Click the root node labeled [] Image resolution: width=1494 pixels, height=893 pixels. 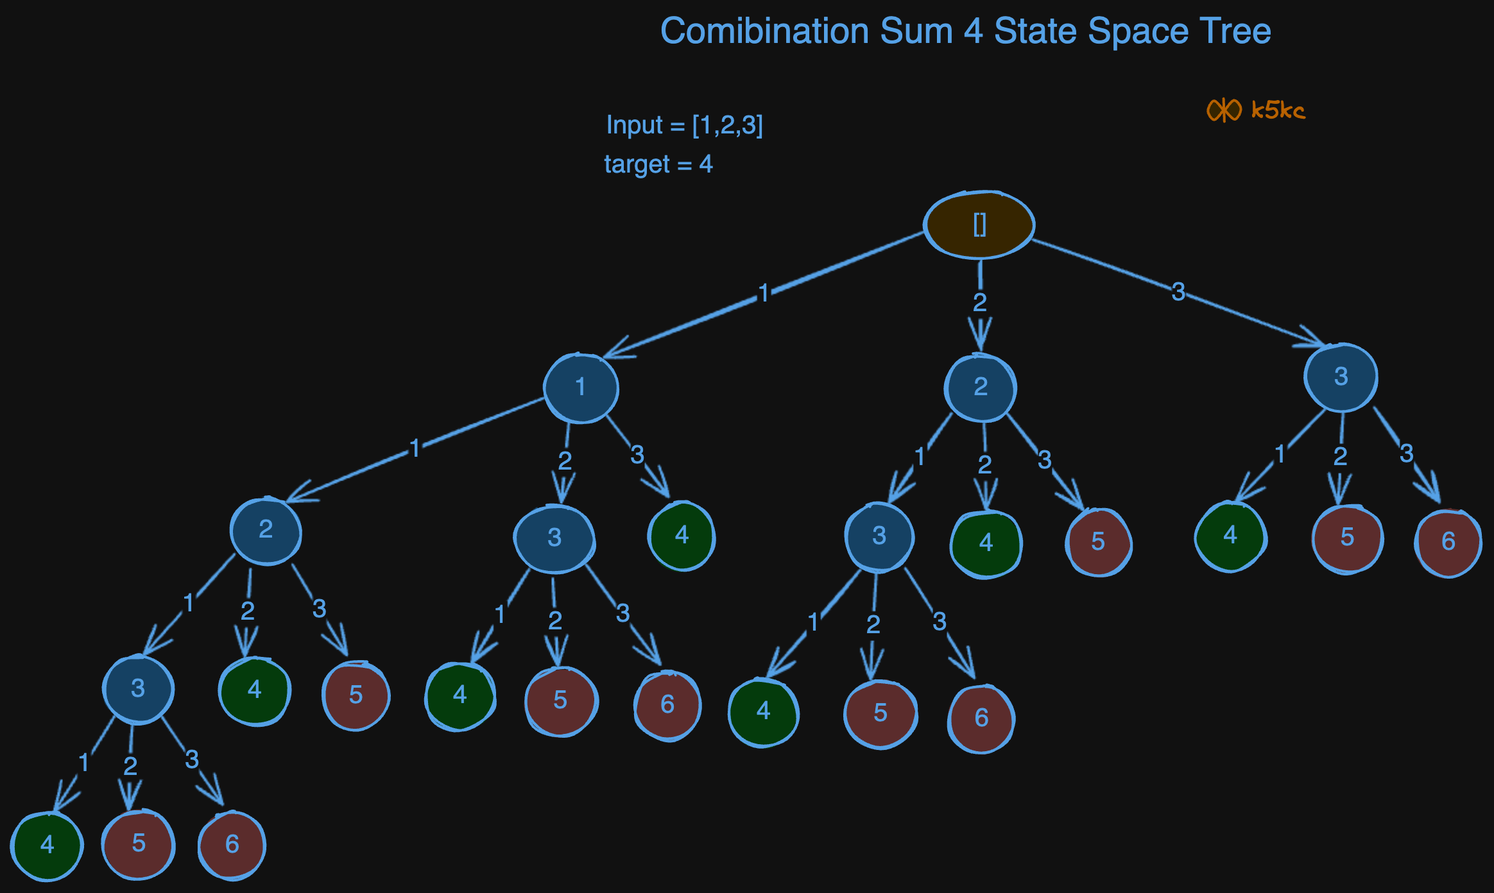(x=979, y=225)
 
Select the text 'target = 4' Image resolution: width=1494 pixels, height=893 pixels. (x=658, y=165)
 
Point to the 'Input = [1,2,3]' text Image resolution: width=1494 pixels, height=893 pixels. (x=684, y=125)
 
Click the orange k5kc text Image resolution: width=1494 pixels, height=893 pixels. (x=1278, y=110)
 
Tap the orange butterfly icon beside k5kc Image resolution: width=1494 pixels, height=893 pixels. (x=1224, y=110)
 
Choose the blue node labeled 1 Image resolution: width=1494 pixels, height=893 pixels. (x=581, y=387)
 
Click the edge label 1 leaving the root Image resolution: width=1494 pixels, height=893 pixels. (x=763, y=293)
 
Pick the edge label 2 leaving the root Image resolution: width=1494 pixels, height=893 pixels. (x=979, y=302)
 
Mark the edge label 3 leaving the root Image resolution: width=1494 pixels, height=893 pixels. (x=1178, y=292)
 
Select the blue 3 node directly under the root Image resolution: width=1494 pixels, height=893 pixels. (x=1341, y=377)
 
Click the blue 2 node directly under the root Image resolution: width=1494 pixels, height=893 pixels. (x=980, y=387)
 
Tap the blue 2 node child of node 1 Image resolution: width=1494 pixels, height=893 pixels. (x=266, y=530)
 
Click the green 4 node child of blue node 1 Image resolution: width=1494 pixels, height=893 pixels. (x=682, y=536)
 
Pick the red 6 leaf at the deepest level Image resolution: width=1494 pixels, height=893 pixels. (x=232, y=844)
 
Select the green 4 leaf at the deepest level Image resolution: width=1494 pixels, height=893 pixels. (x=47, y=845)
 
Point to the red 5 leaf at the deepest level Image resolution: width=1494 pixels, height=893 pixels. (x=139, y=844)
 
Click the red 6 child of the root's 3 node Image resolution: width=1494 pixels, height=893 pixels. (x=1448, y=542)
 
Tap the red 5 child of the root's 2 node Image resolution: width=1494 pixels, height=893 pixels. (x=1098, y=542)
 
